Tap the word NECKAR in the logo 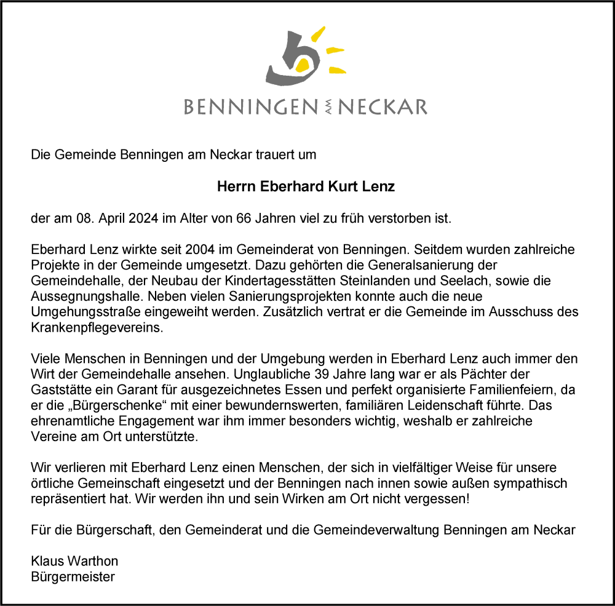[383, 107]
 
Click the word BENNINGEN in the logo [250, 107]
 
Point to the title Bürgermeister [73, 577]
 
